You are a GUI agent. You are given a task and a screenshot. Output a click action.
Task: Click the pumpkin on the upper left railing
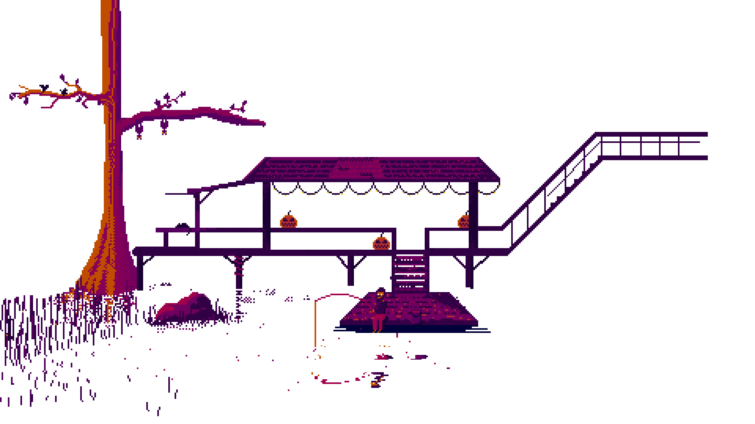(288, 221)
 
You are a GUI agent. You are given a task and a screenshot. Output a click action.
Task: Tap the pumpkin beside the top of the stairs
(381, 243)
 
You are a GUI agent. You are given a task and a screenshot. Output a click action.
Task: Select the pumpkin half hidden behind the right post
(463, 221)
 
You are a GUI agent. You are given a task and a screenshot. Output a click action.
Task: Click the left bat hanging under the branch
(139, 131)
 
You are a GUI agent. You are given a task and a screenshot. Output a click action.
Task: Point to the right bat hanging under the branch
(164, 128)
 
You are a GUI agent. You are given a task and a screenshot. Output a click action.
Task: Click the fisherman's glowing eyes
(380, 294)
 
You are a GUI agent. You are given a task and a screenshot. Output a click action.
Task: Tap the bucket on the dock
(416, 316)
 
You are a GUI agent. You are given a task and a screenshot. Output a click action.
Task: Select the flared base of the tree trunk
(106, 271)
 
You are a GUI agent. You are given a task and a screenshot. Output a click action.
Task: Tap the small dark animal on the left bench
(182, 226)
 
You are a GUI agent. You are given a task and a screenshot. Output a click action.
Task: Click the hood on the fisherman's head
(380, 290)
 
